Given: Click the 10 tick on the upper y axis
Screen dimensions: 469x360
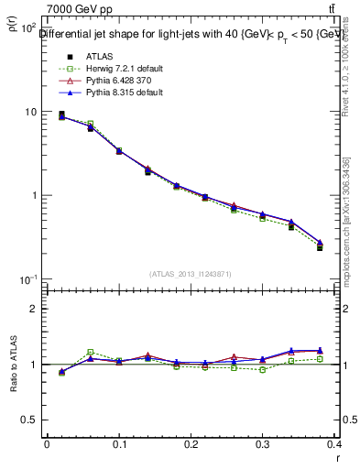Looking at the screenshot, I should [30, 112].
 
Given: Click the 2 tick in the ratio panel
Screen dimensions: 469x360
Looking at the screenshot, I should [32, 309].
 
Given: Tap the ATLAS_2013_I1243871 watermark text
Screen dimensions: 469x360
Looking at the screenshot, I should [190, 273].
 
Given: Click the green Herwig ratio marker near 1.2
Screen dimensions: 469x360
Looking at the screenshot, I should [90, 353].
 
